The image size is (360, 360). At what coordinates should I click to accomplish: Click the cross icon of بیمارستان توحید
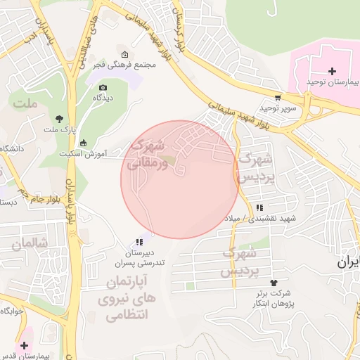[x=332, y=71]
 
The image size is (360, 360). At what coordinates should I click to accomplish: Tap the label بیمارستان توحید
[x=333, y=82]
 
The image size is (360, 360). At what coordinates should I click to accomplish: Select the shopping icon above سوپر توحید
[x=278, y=98]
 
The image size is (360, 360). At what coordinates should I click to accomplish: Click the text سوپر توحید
[x=279, y=108]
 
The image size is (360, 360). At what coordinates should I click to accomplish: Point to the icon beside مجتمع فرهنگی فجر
[x=125, y=56]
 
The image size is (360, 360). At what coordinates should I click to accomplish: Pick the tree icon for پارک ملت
[x=59, y=119]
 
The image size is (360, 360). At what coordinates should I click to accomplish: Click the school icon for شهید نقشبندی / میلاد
[x=260, y=207]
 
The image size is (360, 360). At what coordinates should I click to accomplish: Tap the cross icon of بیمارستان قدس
[x=25, y=345]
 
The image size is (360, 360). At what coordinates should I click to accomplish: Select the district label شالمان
[x=29, y=243]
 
